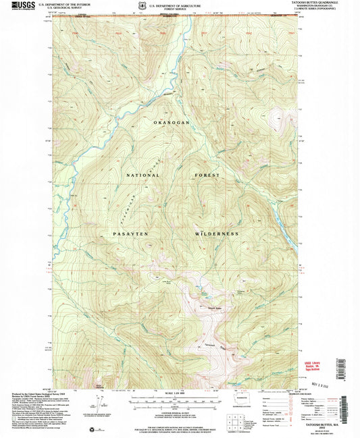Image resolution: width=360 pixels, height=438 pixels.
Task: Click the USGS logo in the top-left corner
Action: (x=21, y=6)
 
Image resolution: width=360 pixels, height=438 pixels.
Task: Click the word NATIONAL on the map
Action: (x=141, y=175)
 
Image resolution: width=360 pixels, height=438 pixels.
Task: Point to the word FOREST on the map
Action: (x=207, y=175)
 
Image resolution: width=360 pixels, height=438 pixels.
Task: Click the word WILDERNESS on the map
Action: (x=217, y=234)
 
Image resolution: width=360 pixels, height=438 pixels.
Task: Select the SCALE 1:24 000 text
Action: (x=180, y=392)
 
